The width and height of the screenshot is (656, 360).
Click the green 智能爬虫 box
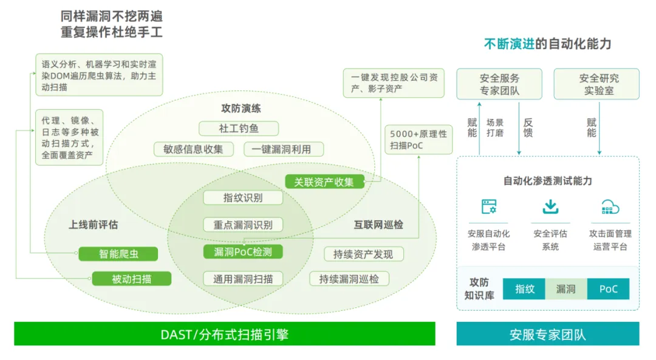[x=118, y=254]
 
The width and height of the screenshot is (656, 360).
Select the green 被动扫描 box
[x=132, y=279]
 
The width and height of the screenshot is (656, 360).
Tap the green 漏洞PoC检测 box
[x=243, y=252]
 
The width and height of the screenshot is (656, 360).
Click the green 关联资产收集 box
[x=324, y=182]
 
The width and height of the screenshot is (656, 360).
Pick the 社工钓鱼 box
[x=239, y=129]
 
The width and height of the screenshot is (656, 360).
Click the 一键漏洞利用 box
[x=284, y=149]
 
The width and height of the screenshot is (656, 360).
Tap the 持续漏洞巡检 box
[x=349, y=279]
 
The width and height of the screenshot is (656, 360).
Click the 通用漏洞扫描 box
[x=243, y=279]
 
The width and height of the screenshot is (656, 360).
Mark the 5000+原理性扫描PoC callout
[x=419, y=140]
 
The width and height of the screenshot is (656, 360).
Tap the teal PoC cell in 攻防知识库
[x=608, y=289]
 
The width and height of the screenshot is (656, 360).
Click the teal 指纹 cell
[x=525, y=289]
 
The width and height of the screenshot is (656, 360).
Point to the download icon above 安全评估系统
[x=550, y=207]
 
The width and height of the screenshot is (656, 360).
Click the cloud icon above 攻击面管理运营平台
[x=610, y=207]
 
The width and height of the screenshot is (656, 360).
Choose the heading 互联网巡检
[x=378, y=225]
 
